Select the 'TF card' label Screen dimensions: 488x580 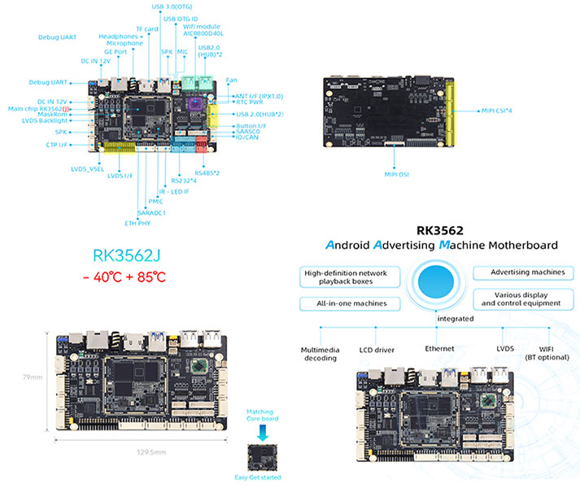(147, 28)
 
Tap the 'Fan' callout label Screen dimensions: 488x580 (231, 80)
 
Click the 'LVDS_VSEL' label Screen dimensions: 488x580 (89, 168)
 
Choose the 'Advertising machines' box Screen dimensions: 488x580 (521, 272)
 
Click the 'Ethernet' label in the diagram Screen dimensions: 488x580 (438, 349)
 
